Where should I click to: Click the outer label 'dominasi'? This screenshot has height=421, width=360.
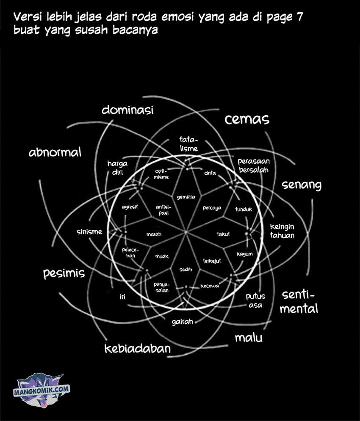[127, 110]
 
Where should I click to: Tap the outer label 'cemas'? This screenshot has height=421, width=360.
[247, 119]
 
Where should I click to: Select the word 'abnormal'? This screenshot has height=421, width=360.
[55, 152]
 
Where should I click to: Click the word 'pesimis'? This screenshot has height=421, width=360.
[64, 274]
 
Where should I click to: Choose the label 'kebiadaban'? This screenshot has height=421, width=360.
[138, 349]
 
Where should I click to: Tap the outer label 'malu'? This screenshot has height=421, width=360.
[249, 338]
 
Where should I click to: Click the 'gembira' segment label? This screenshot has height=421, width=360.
[186, 197]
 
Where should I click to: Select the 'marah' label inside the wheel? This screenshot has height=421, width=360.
[154, 234]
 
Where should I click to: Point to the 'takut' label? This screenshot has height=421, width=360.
[223, 234]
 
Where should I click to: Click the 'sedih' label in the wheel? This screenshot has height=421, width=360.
[186, 270]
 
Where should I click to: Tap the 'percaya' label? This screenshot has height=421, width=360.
[212, 208]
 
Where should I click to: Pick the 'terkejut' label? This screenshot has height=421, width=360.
[212, 261]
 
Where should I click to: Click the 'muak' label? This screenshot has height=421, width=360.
[162, 256]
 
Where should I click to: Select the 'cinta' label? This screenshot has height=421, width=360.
[210, 173]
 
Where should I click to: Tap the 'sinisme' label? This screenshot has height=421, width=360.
[89, 231]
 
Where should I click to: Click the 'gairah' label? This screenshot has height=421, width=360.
[183, 322]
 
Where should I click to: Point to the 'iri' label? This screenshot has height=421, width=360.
[122, 297]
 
